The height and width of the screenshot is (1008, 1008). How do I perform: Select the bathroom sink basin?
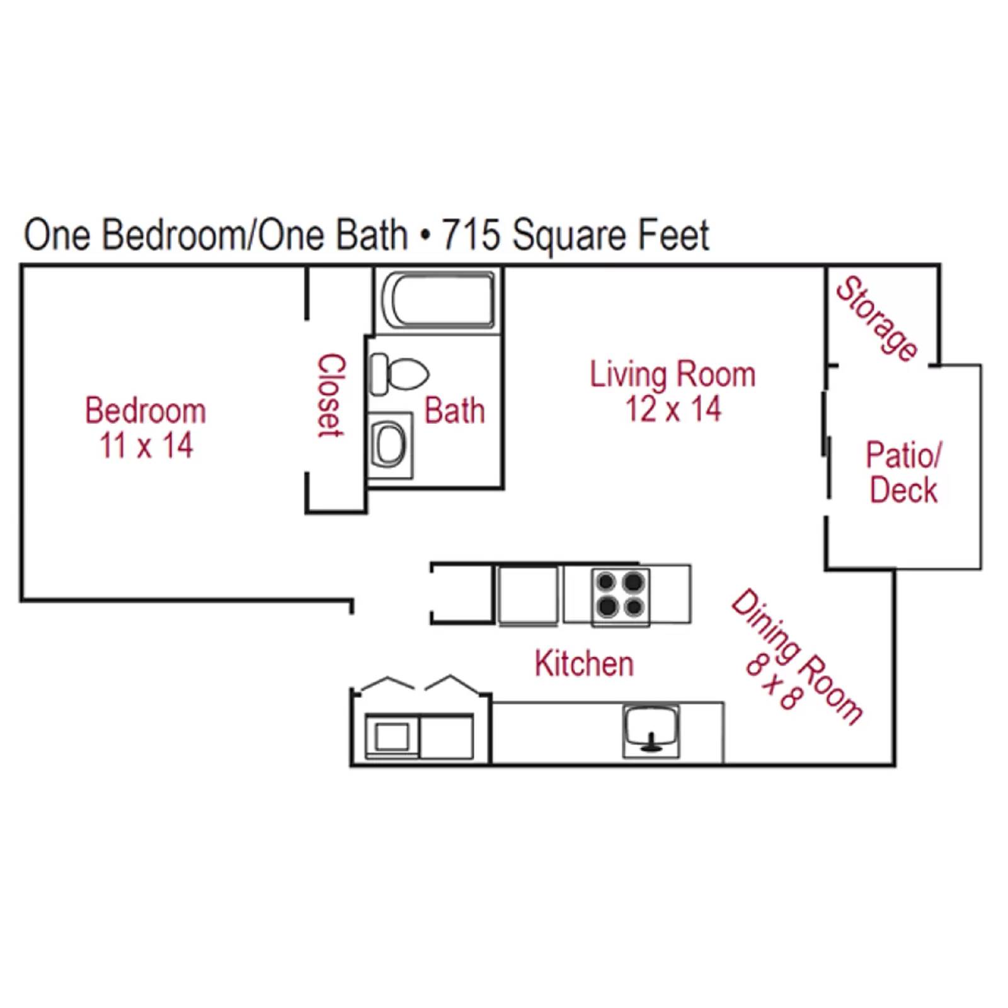[390, 444]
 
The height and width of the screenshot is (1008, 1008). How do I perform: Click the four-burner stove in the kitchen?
[621, 594]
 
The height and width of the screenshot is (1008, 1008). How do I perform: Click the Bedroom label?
[146, 411]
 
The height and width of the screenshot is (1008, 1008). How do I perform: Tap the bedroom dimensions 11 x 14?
[146, 445]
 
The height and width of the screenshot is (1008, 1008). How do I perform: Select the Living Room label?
[672, 374]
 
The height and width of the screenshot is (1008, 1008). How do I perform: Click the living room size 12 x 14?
[672, 409]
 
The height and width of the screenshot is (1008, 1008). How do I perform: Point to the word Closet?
[331, 395]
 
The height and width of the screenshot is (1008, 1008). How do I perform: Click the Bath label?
[454, 411]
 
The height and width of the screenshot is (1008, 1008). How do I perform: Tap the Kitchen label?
[584, 664]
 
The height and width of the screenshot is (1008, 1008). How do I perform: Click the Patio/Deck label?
[903, 472]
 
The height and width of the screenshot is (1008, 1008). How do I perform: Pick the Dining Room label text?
[798, 655]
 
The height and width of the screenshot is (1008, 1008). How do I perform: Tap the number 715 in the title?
[471, 235]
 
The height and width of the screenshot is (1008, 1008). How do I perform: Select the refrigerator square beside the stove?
[527, 595]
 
